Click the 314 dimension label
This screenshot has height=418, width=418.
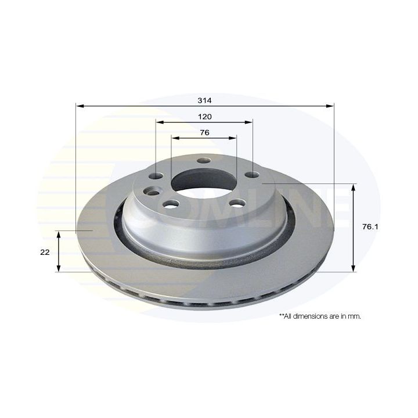point(204,100)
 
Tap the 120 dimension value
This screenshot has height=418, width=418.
point(205,117)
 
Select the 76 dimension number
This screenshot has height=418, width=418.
point(204,132)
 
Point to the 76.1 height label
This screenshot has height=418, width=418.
point(370,227)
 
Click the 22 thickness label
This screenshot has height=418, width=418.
point(45,252)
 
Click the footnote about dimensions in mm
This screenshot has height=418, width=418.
point(320,316)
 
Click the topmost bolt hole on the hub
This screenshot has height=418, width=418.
point(203,161)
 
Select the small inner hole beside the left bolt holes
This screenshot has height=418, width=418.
point(153,193)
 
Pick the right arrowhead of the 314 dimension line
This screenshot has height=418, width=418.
point(330,106)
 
